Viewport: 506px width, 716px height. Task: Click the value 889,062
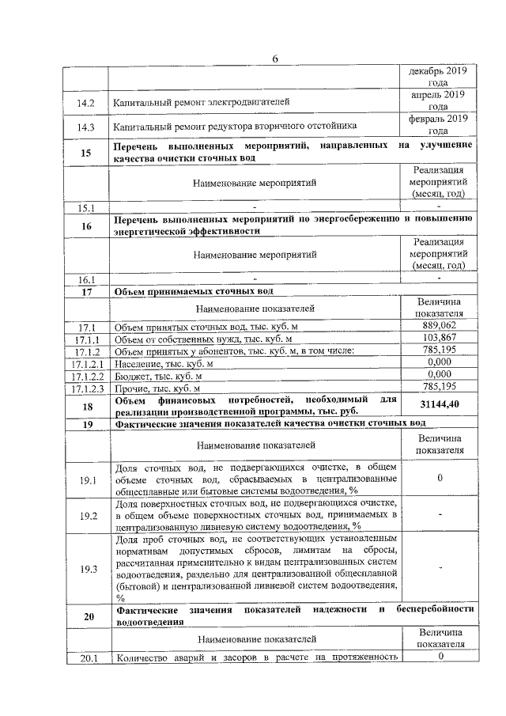click(x=439, y=326)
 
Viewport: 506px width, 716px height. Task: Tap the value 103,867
click(x=439, y=339)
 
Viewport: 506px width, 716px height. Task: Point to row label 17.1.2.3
click(x=85, y=388)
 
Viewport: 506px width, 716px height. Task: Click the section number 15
click(x=85, y=153)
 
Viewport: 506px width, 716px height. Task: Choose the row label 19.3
click(x=85, y=569)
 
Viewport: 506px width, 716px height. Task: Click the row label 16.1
click(x=85, y=279)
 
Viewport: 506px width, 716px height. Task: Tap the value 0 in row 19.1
click(x=439, y=479)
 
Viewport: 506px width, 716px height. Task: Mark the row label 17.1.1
click(x=85, y=339)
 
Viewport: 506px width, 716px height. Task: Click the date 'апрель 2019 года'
click(x=439, y=100)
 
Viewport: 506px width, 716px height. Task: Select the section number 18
click(x=85, y=404)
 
